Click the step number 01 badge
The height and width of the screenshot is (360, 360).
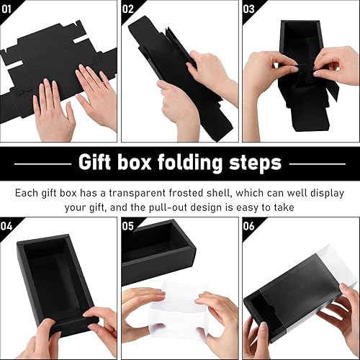(x=9, y=9)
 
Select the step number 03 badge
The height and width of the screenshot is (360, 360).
(x=250, y=9)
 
